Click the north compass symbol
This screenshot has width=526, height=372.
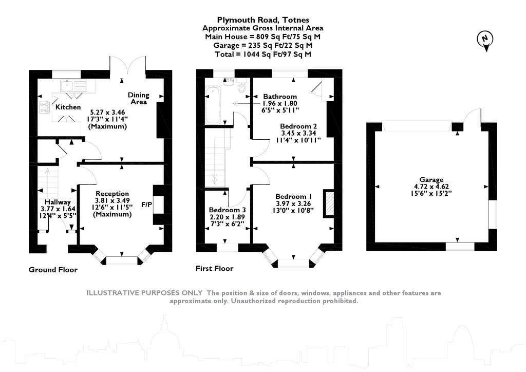coord(484,39)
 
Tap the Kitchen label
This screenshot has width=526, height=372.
coord(68,107)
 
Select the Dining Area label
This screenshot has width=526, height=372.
coord(139,98)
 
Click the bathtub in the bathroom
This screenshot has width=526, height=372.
coord(213,105)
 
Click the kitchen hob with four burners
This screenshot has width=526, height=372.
coord(45,106)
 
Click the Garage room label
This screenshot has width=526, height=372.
coord(431,180)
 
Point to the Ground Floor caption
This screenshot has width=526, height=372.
coord(53,270)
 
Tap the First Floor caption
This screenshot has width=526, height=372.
coord(214,269)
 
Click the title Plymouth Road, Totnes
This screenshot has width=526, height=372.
coord(262,20)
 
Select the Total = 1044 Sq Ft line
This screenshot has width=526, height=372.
coord(262,53)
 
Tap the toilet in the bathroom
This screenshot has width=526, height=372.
coord(242,86)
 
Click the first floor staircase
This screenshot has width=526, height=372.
coord(218,157)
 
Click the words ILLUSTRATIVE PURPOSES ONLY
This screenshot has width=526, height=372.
coord(144,293)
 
